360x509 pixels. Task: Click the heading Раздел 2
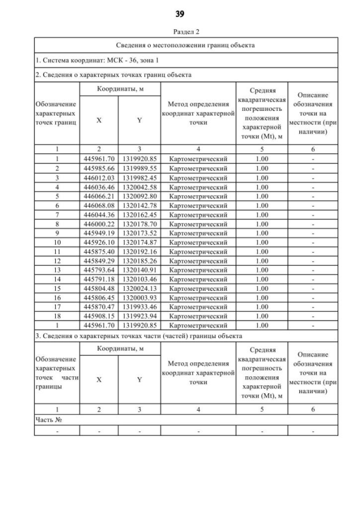(180, 33)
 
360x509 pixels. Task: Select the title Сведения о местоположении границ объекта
(186, 44)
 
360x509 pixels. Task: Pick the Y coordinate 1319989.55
(139, 168)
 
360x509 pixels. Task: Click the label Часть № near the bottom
(48, 420)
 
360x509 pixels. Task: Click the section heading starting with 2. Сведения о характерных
(113, 74)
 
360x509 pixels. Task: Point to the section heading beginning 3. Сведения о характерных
(138, 336)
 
